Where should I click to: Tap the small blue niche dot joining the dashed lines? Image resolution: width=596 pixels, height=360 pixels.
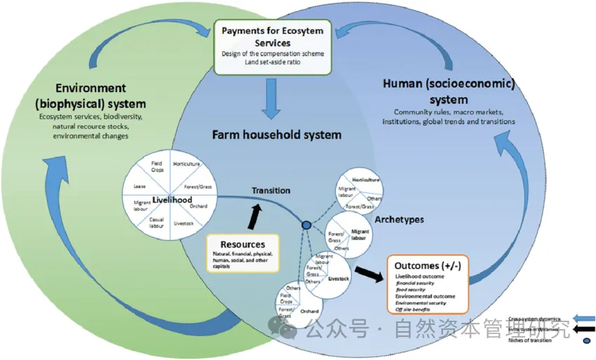click(306, 225)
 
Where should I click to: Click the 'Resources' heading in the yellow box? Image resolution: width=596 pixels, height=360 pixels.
click(243, 244)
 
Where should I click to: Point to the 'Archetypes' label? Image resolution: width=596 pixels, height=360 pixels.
click(399, 220)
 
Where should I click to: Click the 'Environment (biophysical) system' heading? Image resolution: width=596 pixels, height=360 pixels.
click(92, 95)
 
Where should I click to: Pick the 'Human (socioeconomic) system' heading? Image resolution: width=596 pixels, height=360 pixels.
click(449, 91)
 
